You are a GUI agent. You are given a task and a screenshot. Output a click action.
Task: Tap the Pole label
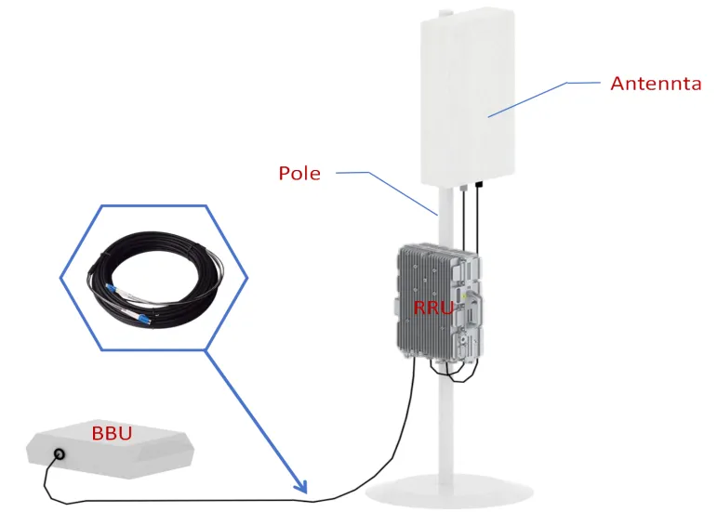coord(299,173)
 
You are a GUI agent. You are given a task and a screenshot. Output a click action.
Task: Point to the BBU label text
coord(111,433)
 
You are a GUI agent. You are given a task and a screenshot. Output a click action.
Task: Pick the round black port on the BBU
coord(60,455)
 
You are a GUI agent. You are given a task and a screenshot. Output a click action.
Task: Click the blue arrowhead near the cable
coord(299,485)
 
